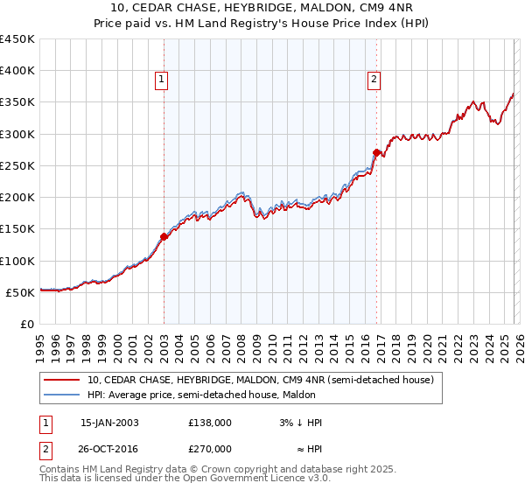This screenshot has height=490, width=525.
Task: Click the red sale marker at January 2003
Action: coord(164,236)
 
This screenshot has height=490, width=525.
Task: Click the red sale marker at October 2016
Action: coord(376,152)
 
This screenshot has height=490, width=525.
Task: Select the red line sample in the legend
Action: coord(61,380)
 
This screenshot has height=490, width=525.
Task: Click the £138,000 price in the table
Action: coord(210,423)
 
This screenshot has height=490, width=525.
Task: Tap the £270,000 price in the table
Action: coord(210,447)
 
